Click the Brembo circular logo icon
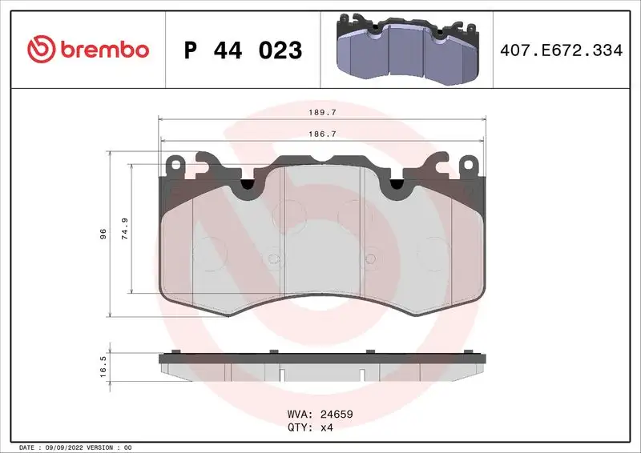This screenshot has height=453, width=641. [39, 49]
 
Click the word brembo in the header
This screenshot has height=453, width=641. [103, 50]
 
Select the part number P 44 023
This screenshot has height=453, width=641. [244, 50]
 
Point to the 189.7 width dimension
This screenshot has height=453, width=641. [324, 113]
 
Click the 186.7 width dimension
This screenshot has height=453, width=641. [324, 134]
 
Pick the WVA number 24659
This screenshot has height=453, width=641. [337, 415]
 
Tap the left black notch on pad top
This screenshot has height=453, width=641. [248, 185]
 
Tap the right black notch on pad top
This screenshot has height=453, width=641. [395, 185]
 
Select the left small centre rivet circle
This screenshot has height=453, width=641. [274, 258]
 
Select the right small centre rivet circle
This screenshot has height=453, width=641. [370, 258]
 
